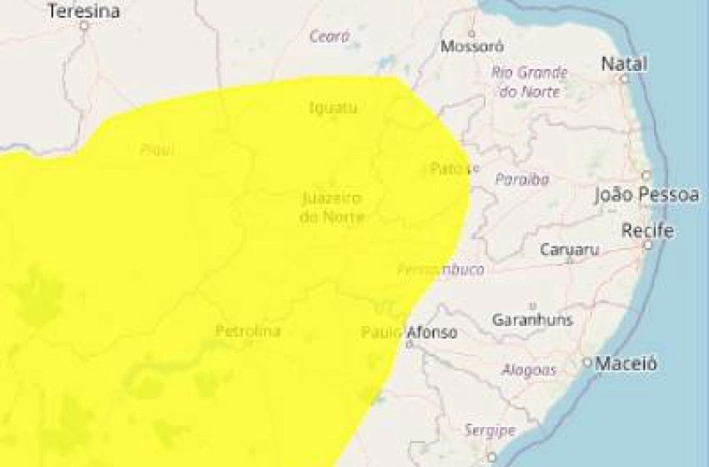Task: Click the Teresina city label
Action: (x=83, y=11)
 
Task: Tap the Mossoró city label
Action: (x=472, y=47)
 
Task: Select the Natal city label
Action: (x=624, y=63)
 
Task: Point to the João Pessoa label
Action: (x=646, y=195)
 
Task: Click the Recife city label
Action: (x=647, y=230)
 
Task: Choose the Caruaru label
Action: (x=570, y=249)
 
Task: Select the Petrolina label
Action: (x=248, y=331)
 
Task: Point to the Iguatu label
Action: (x=333, y=108)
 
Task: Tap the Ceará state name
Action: (x=329, y=36)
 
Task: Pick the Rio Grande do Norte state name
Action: (x=530, y=82)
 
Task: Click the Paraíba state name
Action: (x=522, y=178)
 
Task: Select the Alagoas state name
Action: (x=529, y=369)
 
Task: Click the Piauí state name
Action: (x=157, y=150)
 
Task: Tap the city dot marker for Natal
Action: (x=624, y=78)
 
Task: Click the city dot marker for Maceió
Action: (x=587, y=363)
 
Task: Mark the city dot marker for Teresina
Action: (x=83, y=26)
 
